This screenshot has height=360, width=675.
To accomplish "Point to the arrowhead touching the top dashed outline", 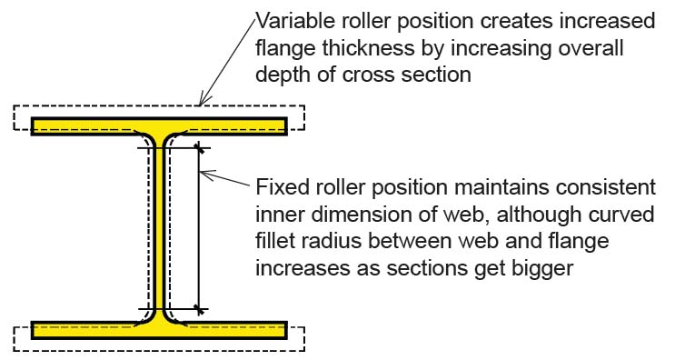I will tap(201, 101).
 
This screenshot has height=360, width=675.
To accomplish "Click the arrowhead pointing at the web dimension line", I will tap(204, 174).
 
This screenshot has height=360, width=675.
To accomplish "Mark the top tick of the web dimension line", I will tap(198, 147).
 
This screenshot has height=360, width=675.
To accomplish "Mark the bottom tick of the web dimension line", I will tap(198, 310).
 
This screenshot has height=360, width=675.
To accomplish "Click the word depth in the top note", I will tap(283, 75).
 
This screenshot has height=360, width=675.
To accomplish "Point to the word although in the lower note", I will tap(526, 215).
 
